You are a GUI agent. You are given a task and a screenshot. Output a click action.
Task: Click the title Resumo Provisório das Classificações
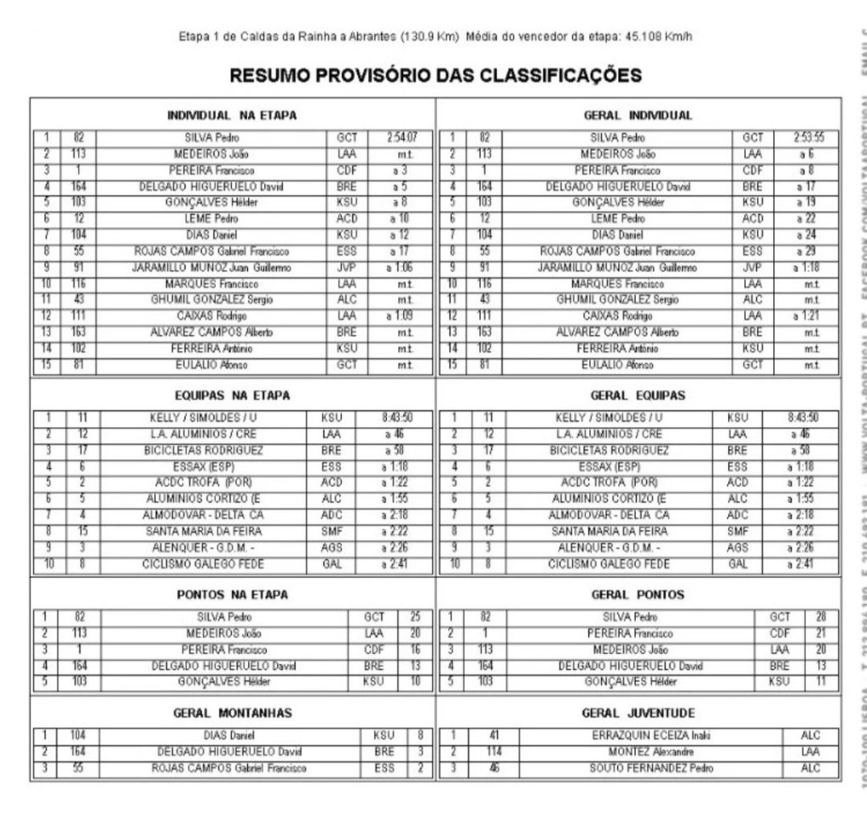pyautogui.click(x=435, y=75)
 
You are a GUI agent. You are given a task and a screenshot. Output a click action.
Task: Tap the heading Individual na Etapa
pyautogui.click(x=232, y=115)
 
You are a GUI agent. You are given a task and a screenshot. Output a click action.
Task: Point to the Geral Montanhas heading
pyautogui.click(x=232, y=712)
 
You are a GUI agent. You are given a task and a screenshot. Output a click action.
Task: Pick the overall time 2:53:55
pyautogui.click(x=809, y=137)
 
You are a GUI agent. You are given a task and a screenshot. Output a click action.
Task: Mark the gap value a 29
pyautogui.click(x=809, y=251)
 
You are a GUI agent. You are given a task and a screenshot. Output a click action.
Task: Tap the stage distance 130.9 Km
pyautogui.click(x=433, y=37)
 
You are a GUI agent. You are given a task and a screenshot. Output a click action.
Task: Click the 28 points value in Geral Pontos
pyautogui.click(x=820, y=617)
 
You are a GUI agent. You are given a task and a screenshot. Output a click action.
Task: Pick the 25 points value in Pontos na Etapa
pyautogui.click(x=414, y=617)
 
